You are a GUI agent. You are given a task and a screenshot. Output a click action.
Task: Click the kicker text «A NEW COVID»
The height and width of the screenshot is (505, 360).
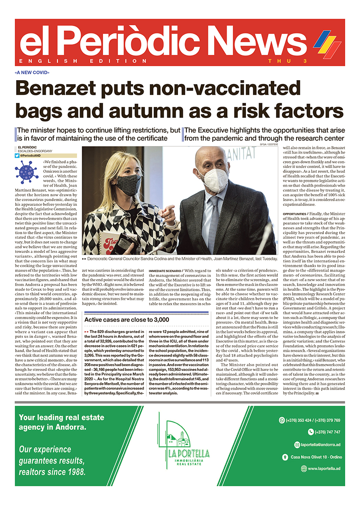pyautogui.click(x=32, y=72)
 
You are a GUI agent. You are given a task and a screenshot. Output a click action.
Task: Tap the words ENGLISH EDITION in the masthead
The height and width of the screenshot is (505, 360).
pyautogui.click(x=83, y=61)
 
